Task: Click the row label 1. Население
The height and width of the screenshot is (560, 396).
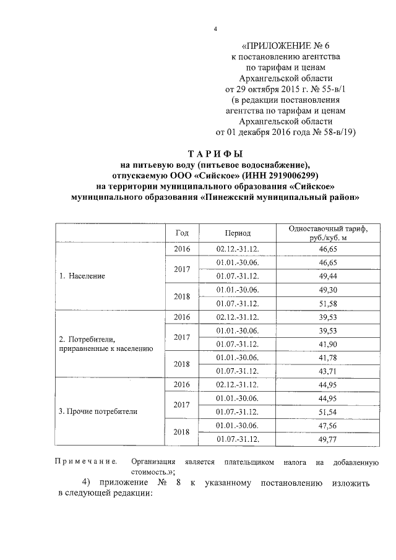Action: click(x=83, y=276)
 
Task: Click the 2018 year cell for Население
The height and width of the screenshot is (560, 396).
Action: click(x=182, y=296)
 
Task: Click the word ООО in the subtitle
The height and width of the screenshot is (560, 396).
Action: click(x=179, y=175)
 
